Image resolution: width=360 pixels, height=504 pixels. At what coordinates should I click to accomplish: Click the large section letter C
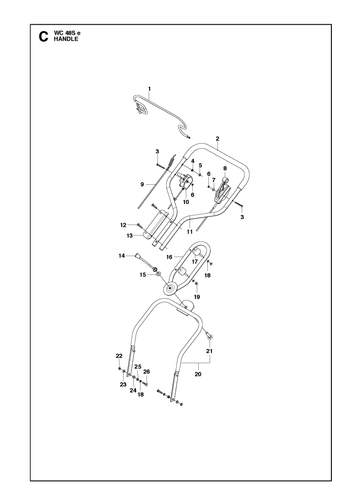point(43,37)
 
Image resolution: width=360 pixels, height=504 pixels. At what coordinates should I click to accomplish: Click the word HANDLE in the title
point(66,39)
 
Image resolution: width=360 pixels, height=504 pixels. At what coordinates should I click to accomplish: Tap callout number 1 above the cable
point(149,89)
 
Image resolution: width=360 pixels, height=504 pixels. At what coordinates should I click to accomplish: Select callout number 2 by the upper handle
point(217,138)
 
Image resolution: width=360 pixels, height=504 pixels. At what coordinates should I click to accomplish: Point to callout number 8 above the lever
point(225,168)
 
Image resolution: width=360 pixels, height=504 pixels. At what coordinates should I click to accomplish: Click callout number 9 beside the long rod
point(142,184)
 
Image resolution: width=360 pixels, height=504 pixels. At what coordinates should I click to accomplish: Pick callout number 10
point(186,202)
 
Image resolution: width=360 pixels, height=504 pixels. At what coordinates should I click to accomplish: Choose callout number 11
point(190,232)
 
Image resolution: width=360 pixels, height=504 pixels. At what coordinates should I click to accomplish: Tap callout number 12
point(123,225)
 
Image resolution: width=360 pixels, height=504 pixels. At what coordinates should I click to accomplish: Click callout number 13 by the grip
point(130,236)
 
